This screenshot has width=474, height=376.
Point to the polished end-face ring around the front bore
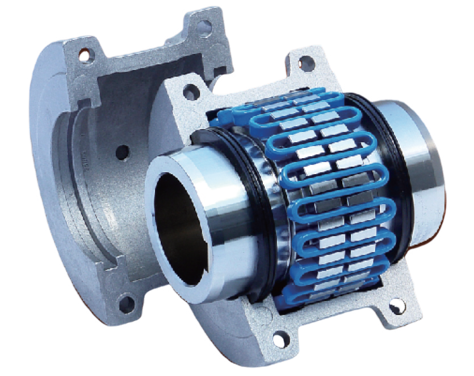point(170,171)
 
